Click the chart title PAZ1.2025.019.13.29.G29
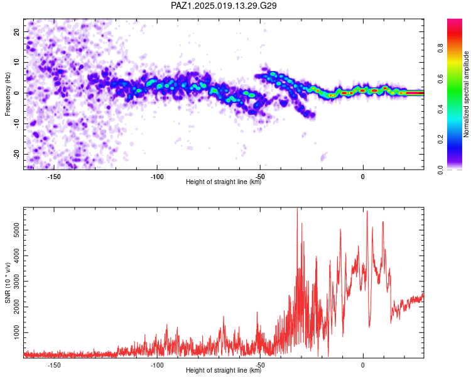click(224, 6)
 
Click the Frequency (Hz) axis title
click(8, 94)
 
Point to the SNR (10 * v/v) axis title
click(8, 283)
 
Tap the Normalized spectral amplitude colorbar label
click(466, 94)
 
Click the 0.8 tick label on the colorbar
click(441, 48)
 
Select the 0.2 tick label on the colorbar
click(441, 139)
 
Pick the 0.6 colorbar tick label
click(441, 79)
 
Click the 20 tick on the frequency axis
click(16, 31)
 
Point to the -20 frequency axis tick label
click(16, 154)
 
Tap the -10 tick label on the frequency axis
click(16, 124)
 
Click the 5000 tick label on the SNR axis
click(16, 231)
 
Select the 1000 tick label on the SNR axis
click(16, 332)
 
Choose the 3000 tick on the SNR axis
click(16, 281)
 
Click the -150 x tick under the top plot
click(54, 177)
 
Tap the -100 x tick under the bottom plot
click(157, 365)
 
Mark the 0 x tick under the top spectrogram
click(363, 177)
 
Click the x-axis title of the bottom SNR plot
click(224, 370)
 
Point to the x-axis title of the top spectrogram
click(224, 182)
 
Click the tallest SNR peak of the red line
click(297, 208)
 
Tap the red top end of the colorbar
click(455, 20)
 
